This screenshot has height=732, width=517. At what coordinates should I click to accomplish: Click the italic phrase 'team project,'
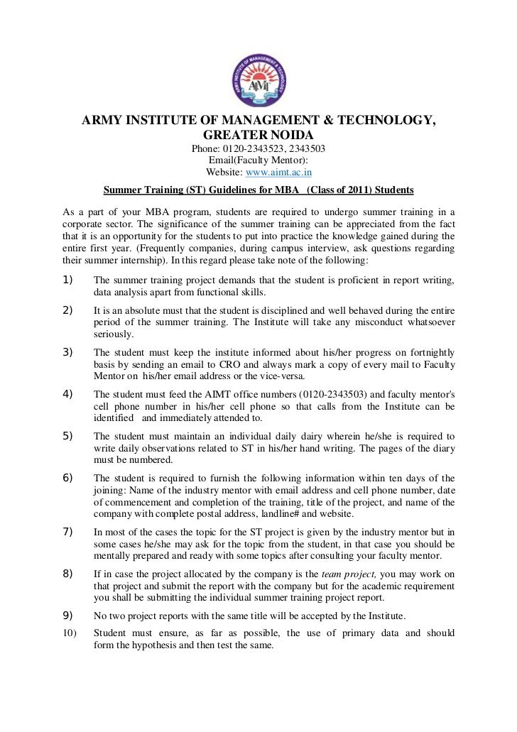[x=347, y=574]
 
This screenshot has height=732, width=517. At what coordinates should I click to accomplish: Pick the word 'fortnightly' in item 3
[x=433, y=354]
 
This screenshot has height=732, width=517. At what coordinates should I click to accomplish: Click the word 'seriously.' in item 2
[x=113, y=334]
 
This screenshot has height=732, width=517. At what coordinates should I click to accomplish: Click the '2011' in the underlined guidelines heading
[x=352, y=191]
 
